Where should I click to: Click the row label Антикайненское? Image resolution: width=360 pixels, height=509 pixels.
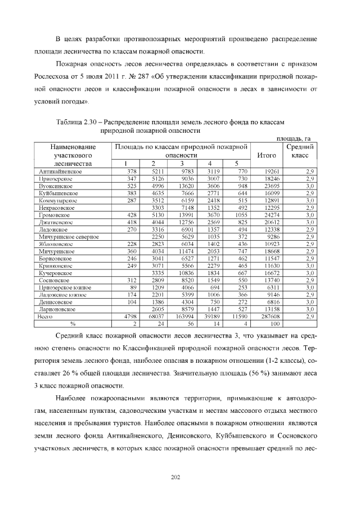pyautogui.click(x=61, y=171)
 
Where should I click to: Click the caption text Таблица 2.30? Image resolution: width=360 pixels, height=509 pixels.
pyautogui.click(x=78, y=121)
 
